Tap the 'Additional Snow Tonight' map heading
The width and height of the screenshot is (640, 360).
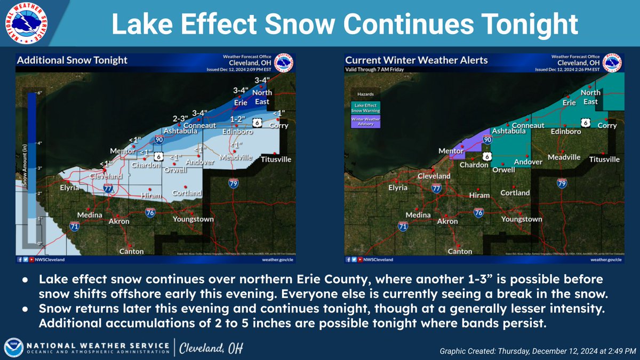tap(73, 60)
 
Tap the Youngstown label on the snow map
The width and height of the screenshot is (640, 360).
tap(193, 219)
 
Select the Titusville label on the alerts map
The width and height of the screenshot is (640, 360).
tap(604, 159)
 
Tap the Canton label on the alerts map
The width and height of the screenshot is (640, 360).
tap(460, 251)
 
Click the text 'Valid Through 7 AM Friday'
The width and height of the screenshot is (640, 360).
tap(375, 70)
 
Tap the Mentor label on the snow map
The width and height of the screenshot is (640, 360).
tap(121, 151)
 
